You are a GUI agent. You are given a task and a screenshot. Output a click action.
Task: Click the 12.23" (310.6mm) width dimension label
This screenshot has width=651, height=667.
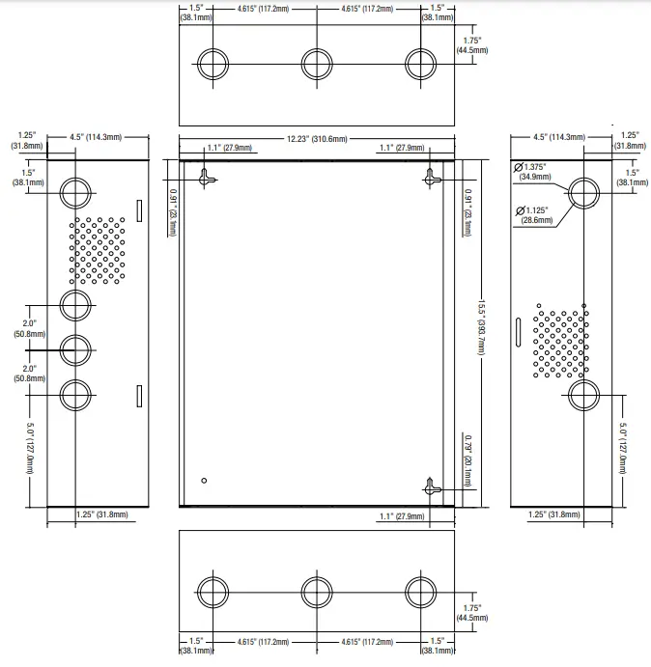[316, 138]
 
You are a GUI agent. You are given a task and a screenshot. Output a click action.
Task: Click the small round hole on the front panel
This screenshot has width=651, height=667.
[204, 480]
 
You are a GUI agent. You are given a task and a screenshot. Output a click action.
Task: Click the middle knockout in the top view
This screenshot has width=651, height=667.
[317, 64]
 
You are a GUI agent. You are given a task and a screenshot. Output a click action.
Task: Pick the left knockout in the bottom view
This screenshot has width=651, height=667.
[212, 592]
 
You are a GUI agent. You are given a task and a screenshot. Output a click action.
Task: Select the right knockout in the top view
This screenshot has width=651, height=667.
[420, 64]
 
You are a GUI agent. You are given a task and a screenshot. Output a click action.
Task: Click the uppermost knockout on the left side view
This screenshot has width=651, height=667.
[75, 193]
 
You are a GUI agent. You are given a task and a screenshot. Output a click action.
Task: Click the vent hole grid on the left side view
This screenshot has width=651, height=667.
[98, 249]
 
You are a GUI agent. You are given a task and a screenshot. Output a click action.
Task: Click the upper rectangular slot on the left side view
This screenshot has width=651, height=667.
[137, 208]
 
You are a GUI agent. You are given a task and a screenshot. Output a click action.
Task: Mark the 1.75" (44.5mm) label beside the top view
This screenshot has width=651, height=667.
[473, 43]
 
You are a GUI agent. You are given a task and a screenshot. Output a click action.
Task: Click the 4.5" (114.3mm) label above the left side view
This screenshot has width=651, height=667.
[95, 137]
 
